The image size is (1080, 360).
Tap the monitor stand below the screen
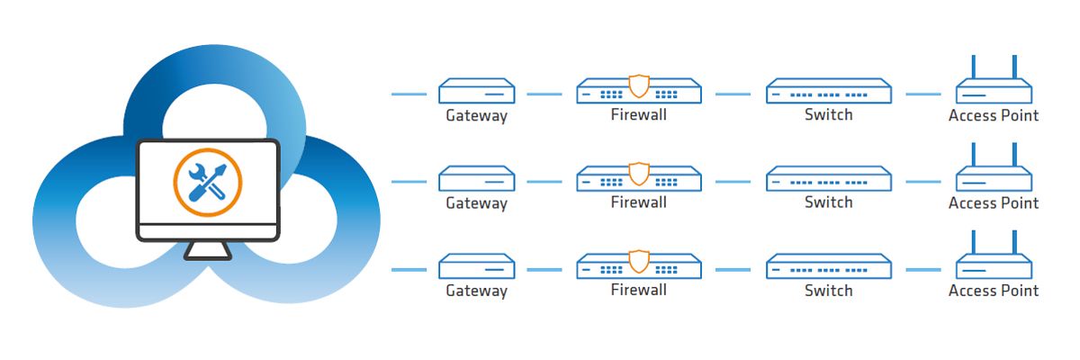(208, 251)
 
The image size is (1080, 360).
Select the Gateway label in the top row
(477, 115)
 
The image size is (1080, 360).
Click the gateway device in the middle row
(477, 179)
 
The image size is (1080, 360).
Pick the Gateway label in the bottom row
(477, 291)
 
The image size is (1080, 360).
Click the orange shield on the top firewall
(638, 86)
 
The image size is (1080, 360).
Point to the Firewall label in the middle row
(638, 202)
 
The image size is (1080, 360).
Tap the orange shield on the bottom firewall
(638, 262)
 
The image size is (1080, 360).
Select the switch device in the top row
(828, 91)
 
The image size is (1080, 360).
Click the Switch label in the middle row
(828, 202)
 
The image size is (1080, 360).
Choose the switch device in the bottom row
(828, 266)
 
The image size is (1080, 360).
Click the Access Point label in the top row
(994, 115)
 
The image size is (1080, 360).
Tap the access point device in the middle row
(994, 179)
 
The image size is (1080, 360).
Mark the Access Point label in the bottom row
(994, 291)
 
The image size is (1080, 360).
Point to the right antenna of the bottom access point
(1014, 243)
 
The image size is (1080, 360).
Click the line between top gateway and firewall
(544, 93)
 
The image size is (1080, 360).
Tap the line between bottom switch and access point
(924, 268)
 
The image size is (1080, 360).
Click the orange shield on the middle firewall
(638, 174)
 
